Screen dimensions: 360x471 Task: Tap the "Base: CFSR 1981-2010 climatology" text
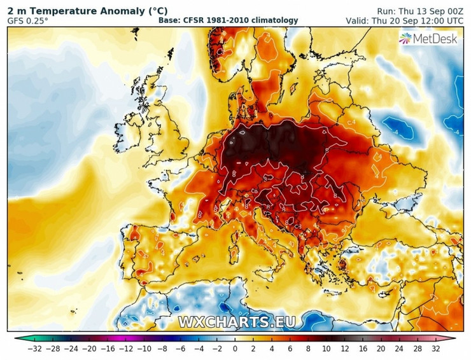[x=228, y=20]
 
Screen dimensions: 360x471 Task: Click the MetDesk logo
[x=428, y=39]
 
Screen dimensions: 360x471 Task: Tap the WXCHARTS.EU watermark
[x=237, y=322]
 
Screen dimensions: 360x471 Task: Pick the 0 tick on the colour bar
[x=235, y=349]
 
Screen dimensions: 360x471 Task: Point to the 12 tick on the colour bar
[x=344, y=349]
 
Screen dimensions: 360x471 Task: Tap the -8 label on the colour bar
[x=162, y=349]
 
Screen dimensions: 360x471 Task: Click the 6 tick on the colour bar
[x=290, y=349]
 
